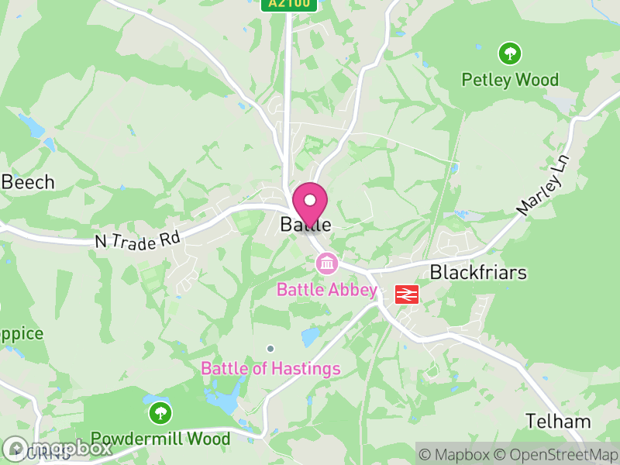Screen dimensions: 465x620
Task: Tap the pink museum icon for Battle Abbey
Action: [327, 264]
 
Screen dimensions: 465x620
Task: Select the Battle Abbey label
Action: [327, 291]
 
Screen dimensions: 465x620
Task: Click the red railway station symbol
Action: [407, 294]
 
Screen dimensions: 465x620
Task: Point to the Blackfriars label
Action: [478, 273]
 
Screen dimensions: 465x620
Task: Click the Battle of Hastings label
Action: [270, 368]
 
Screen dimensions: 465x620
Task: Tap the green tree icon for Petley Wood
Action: [509, 53]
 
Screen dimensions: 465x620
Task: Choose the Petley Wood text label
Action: [509, 79]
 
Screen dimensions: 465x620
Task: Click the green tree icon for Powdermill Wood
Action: [160, 412]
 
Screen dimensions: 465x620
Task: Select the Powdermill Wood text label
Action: [160, 439]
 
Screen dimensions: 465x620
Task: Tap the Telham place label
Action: [558, 422]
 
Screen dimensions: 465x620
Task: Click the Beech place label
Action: [28, 182]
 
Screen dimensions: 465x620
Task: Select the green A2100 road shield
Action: [289, 4]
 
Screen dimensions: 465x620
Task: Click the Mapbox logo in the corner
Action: [58, 448]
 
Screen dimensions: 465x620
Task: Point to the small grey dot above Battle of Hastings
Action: [270, 348]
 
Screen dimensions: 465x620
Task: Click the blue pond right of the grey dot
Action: [310, 337]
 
